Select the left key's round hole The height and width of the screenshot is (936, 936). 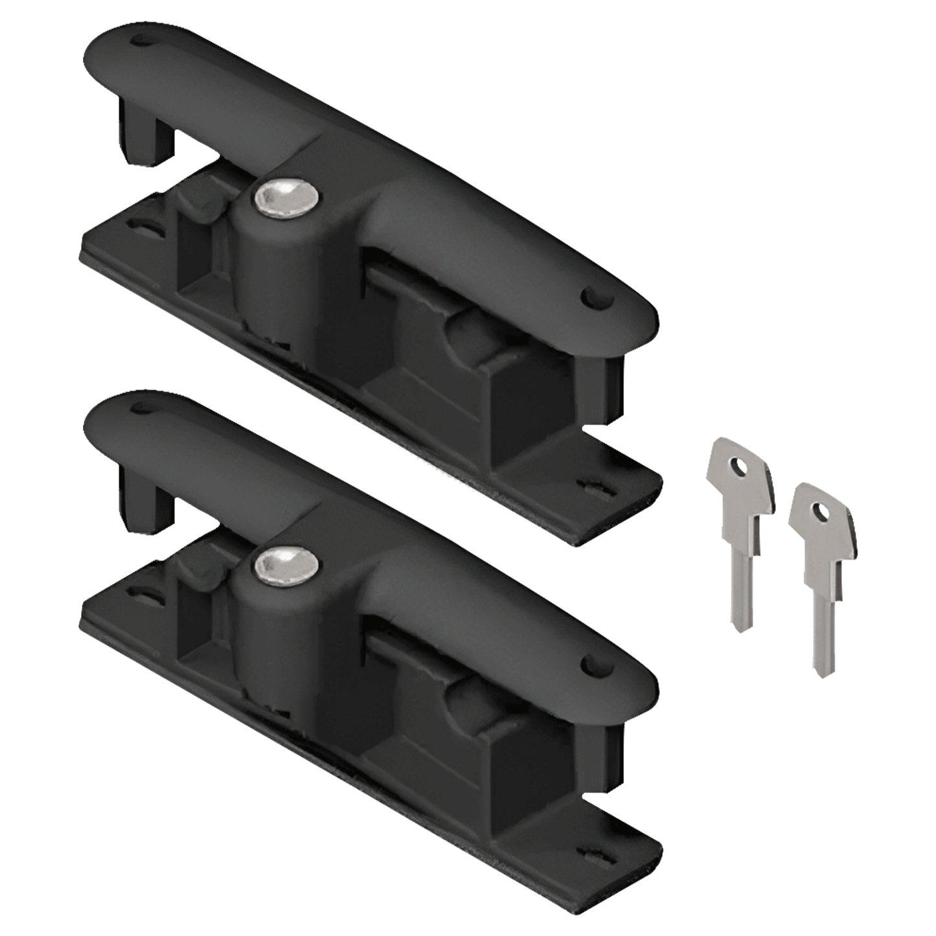pyautogui.click(x=739, y=464)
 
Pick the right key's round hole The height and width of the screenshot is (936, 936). pyautogui.click(x=821, y=512)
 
